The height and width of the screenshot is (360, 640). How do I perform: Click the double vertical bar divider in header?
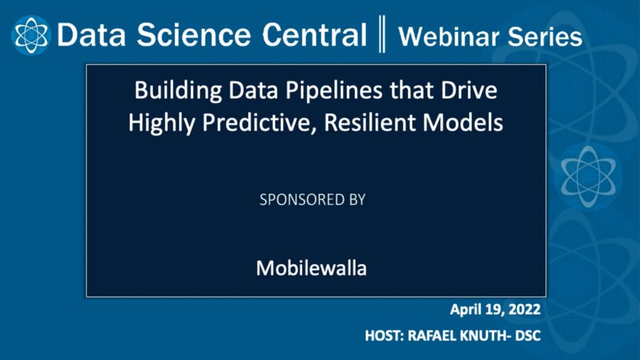(383, 35)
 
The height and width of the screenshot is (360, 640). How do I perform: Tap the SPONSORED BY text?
(312, 200)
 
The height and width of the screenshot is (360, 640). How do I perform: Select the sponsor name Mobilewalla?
(311, 269)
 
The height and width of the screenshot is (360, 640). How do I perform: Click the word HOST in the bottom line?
(383, 335)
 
